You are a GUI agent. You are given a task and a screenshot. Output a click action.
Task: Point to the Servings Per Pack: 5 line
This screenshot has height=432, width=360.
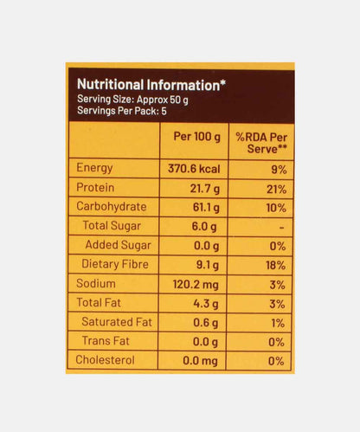[118, 111]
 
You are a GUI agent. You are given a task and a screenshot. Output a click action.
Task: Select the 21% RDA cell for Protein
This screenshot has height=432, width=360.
[275, 189]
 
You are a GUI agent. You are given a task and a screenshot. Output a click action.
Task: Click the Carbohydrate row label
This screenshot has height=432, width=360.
[112, 207]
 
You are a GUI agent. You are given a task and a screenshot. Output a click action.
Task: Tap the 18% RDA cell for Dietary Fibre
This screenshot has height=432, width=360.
[275, 264]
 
